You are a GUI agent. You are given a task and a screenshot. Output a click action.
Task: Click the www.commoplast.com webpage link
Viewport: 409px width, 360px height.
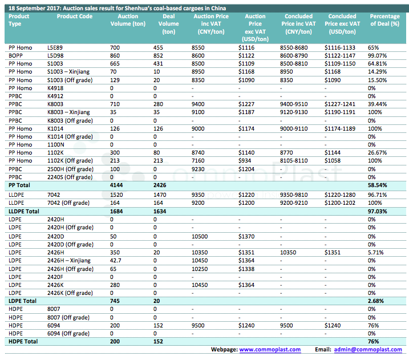coord(270,349)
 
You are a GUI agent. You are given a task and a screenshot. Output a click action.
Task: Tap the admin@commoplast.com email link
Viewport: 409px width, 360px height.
coord(368,349)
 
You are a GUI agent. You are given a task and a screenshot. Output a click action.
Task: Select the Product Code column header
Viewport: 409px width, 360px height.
coord(75,16)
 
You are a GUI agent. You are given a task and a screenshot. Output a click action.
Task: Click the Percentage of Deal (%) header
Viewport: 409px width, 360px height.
coord(384,20)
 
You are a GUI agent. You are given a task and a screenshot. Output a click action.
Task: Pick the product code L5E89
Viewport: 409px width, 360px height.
coord(55,48)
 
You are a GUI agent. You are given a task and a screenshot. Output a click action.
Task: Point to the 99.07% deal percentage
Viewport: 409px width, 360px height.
coord(377,55)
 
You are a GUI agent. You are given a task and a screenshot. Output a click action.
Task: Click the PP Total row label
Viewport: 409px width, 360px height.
coord(19,185)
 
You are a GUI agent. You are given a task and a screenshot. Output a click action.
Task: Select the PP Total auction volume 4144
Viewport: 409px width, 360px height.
coord(116,185)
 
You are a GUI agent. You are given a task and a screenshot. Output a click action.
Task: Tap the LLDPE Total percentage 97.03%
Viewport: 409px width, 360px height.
coord(377,211)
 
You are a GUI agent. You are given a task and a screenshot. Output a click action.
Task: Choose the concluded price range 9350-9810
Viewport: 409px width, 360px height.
coord(294,195)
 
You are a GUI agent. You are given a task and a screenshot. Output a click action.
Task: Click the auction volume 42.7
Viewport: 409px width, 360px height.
coord(115,261)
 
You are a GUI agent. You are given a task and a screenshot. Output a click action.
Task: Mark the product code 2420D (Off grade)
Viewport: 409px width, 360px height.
coord(70,244)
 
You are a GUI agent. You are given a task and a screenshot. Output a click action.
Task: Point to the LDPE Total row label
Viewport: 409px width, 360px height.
coord(22,301)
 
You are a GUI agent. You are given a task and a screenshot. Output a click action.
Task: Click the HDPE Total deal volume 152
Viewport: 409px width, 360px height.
coord(158,342)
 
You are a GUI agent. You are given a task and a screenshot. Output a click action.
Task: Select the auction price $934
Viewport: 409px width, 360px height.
coord(245,161)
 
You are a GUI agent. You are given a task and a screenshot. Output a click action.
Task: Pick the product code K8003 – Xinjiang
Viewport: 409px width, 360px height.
coord(68,112)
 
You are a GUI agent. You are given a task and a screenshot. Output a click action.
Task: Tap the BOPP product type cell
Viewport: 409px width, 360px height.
coord(15,55)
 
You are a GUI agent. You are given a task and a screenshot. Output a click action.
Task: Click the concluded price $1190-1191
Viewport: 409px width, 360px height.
coord(340,112)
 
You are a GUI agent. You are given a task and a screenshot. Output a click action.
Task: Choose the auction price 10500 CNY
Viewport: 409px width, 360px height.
coord(200,237)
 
